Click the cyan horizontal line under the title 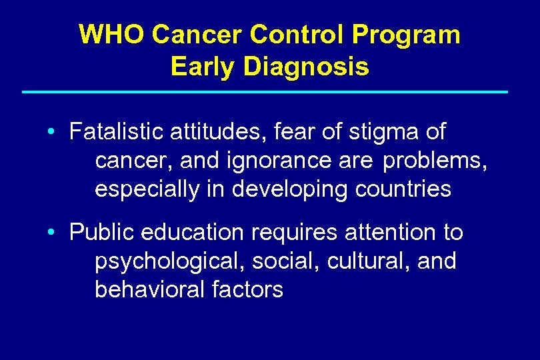265,91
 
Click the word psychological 170,261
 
